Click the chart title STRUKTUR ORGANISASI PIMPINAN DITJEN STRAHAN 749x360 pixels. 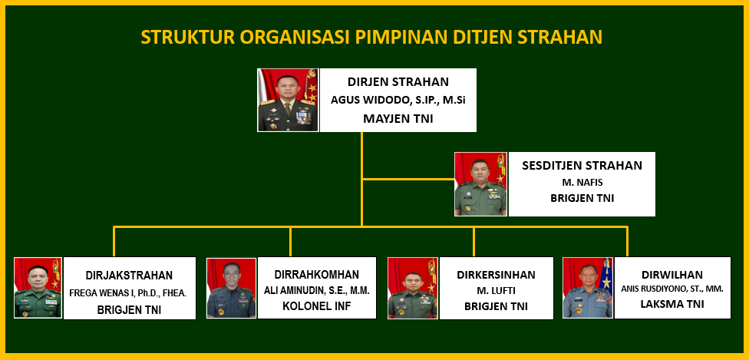pos(371,38)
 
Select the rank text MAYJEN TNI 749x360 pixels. pos(398,118)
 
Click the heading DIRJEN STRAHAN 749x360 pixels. pos(398,82)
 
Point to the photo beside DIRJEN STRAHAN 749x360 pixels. pos(288,100)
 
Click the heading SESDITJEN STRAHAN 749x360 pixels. pos(582,166)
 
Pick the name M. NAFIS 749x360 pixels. pos(582,182)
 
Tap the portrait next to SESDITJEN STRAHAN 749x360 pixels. pos(480,184)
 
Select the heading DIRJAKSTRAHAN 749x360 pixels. pos(129,276)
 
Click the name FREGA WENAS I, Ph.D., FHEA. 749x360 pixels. pos(128,293)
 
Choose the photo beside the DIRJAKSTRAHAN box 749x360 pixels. pos(38,288)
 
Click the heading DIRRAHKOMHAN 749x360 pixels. pos(317,275)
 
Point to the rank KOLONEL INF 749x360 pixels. pos(317,306)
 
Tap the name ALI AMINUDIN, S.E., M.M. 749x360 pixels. pos(317,290)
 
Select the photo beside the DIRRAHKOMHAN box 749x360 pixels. pos(231,288)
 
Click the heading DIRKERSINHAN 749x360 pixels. pos(496,275)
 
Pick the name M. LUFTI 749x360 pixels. pos(496,291)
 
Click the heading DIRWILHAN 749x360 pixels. pos(672,275)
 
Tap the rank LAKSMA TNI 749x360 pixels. pos(672,305)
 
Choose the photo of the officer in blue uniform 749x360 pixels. pos(588,288)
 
